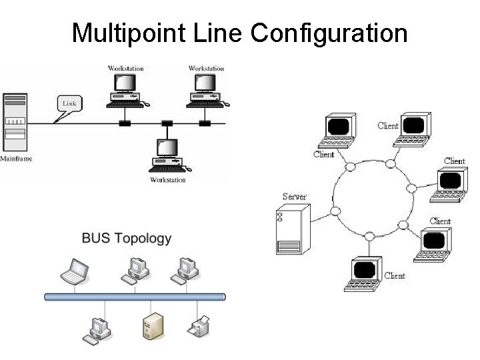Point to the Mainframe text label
(15, 159)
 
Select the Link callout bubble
(69, 103)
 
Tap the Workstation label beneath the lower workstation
(167, 180)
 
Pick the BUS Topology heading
(127, 238)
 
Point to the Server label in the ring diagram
(294, 196)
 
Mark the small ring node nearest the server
(335, 211)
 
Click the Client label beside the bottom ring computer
(395, 275)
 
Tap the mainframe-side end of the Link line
(32, 123)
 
